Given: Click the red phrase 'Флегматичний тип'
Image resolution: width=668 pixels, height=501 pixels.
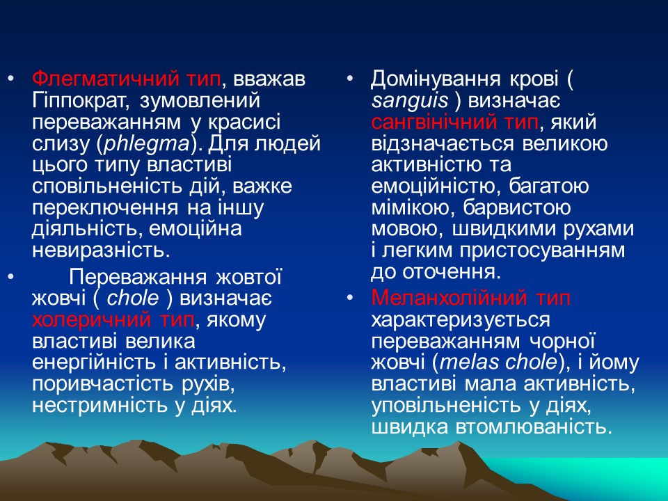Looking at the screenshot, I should point(126,80).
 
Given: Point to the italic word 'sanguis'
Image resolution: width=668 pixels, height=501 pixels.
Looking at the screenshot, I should point(410,102).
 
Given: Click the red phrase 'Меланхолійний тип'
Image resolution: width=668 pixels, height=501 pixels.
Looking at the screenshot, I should point(471,299).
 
